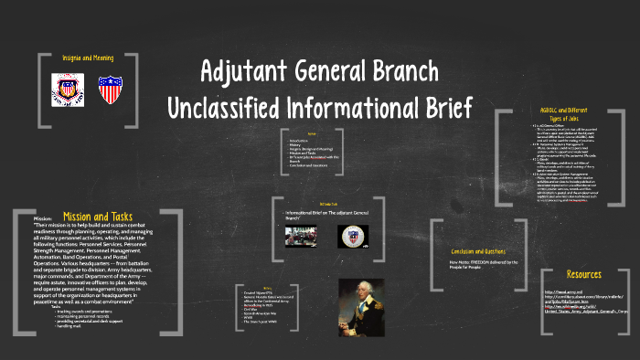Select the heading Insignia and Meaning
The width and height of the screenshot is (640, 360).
pyautogui.click(x=90, y=57)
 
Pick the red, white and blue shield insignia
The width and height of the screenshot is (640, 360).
pyautogui.click(x=110, y=90)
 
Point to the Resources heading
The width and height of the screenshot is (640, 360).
pyautogui.click(x=582, y=273)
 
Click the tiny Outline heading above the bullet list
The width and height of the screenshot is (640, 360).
pyautogui.click(x=312, y=134)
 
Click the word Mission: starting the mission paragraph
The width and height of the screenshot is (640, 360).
pyautogui.click(x=43, y=219)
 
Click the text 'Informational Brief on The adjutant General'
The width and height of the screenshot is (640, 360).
pyautogui.click(x=321, y=213)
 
